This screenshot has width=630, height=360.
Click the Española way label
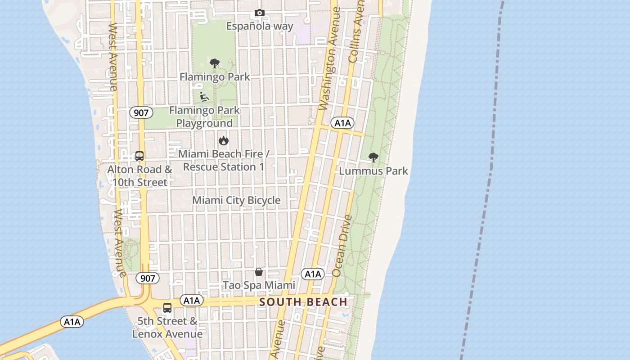coord(260,26)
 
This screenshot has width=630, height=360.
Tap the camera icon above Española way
coord(260,13)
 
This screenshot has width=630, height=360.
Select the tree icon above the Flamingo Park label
coord(215,63)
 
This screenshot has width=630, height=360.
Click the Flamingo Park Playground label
coord(205,117)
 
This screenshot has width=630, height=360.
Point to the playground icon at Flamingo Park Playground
coord(204,96)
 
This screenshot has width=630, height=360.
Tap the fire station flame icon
coord(223,141)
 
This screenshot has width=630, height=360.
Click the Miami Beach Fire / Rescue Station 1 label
coord(224,160)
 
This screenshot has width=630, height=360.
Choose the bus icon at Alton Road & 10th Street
coord(139,156)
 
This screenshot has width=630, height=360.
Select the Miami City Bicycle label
coord(236,200)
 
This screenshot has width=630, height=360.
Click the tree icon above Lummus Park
coord(373,157)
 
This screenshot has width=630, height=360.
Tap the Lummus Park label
coord(373,171)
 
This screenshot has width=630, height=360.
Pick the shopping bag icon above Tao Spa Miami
coord(259,272)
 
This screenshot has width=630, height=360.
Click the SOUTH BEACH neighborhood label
coord(303,302)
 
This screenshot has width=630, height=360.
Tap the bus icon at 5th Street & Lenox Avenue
coord(167,308)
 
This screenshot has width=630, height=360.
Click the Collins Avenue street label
coord(356,31)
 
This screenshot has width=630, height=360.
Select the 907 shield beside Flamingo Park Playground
coord(141,112)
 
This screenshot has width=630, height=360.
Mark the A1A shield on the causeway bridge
coord(72,322)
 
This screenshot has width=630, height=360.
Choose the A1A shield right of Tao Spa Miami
coord(313,274)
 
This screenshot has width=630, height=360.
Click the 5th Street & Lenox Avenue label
coord(167,328)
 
